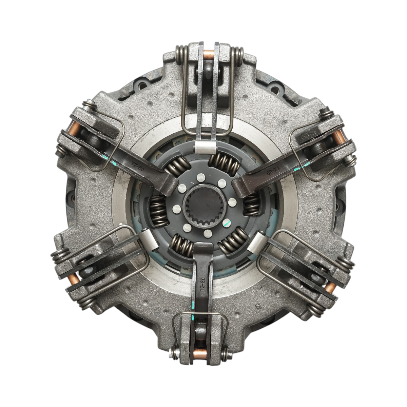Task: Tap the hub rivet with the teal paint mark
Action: tap(227, 223)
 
